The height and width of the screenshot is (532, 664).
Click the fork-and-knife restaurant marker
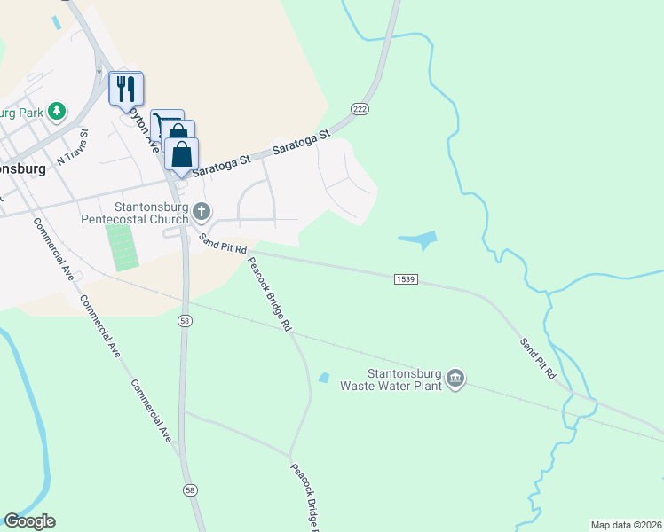point(126,88)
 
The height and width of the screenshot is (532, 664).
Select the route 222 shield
point(360,108)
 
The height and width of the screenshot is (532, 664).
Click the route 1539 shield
point(404,279)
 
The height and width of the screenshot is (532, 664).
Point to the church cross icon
point(202,212)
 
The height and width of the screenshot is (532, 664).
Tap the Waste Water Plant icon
point(455,379)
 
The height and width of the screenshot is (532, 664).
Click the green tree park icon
point(57,111)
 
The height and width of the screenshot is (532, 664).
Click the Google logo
point(29,521)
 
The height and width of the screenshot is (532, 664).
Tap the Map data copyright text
point(626,525)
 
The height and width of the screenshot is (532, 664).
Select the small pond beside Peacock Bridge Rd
point(324,378)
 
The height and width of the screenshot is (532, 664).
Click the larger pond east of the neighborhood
point(420,239)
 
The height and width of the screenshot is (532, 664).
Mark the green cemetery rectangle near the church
point(123,246)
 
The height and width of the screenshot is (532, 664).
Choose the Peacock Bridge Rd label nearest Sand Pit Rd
point(269,293)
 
